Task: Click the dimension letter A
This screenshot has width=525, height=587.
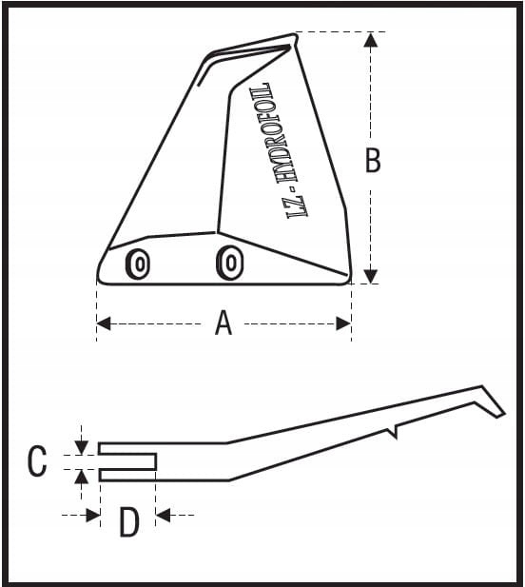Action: (x=224, y=323)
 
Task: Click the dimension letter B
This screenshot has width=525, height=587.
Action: (x=373, y=160)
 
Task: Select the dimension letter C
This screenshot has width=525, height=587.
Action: (x=37, y=460)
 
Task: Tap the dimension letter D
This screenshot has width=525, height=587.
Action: (x=129, y=521)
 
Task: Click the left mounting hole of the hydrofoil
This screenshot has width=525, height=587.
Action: (x=138, y=264)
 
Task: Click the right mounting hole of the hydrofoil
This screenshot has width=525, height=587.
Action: (x=230, y=262)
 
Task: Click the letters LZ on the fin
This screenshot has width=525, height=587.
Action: (x=299, y=205)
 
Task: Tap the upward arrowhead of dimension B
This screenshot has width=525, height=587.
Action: (x=371, y=40)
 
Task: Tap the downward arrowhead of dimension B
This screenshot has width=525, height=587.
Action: (x=371, y=276)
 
